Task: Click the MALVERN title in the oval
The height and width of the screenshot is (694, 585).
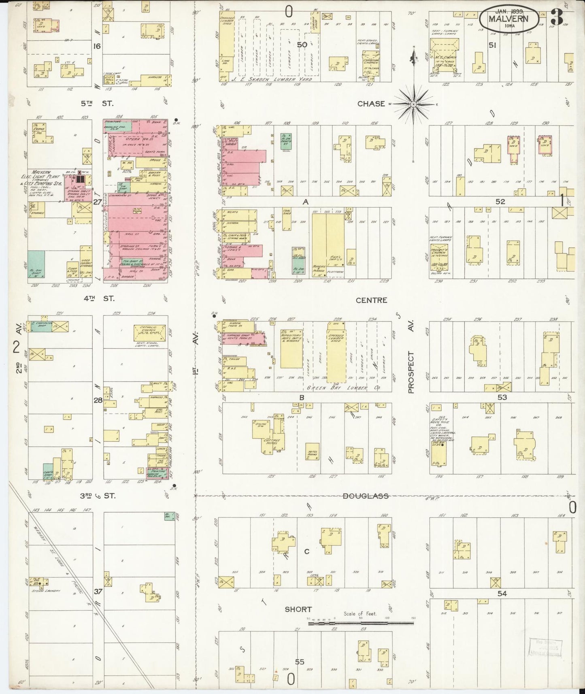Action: [508, 19]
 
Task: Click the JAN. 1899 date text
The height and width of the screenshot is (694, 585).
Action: [508, 11]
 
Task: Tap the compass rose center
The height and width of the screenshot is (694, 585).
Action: [413, 104]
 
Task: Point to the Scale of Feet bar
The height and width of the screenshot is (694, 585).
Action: [360, 623]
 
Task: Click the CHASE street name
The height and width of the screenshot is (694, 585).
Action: [371, 104]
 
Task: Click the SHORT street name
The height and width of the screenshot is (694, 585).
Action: [298, 609]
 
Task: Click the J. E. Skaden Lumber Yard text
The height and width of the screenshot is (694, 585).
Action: [279, 80]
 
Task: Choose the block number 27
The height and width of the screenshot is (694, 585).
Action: [97, 202]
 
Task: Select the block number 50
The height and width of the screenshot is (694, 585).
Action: [302, 45]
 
